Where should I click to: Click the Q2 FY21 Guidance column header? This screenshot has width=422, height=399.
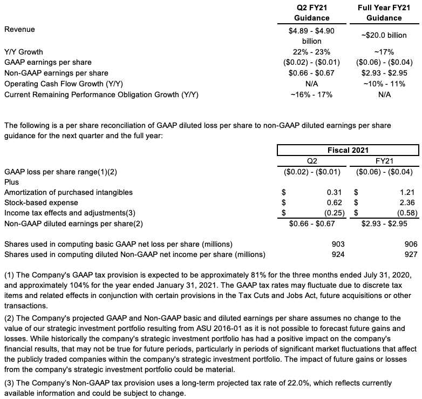tap(311, 13)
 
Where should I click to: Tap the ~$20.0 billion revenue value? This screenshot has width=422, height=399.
tap(384, 36)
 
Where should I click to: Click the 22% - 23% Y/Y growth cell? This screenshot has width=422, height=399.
tap(311, 52)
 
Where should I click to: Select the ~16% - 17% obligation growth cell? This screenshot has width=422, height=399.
tap(311, 94)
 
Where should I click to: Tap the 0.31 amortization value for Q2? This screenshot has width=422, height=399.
tap(337, 192)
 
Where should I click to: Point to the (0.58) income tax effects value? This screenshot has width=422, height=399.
tap(407, 213)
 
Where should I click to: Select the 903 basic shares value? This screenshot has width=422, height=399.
tap(338, 244)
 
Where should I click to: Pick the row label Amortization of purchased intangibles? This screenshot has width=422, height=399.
tap(68, 192)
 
